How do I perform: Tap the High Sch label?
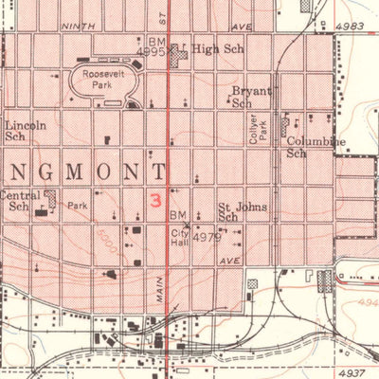pyautogui.click(x=211, y=49)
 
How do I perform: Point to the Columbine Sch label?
pyautogui.click(x=315, y=147)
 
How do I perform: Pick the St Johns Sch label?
pyautogui.click(x=243, y=211)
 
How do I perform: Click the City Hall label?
pyautogui.click(x=180, y=237)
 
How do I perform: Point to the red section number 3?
pyautogui.click(x=154, y=201)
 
